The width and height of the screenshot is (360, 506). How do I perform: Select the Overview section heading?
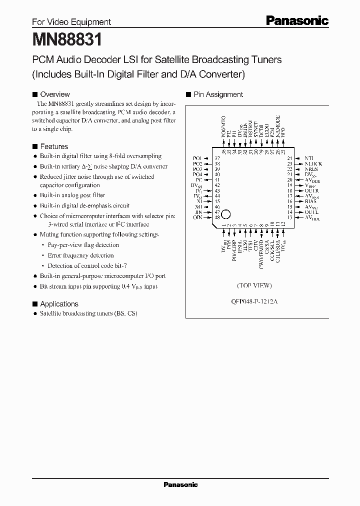pyautogui.click(x=54, y=94)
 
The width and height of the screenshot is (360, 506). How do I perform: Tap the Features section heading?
pyautogui.click(x=53, y=146)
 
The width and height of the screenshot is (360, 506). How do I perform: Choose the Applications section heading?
pyautogui.click(x=59, y=304)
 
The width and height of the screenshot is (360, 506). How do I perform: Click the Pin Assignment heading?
pyautogui.click(x=218, y=94)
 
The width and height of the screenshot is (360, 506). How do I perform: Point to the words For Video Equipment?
pyautogui.click(x=71, y=22)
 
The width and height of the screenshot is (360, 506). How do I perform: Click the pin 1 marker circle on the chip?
pyautogui.click(x=225, y=213)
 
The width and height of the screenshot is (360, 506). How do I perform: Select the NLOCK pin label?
pyautogui.click(x=313, y=163)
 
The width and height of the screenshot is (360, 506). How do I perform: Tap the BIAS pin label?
pyautogui.click(x=310, y=201)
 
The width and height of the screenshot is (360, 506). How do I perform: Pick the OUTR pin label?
pyautogui.click(x=311, y=190)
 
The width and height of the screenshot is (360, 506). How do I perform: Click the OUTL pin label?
pyautogui.click(x=311, y=212)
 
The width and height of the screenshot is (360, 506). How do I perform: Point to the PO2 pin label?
pyautogui.click(x=197, y=163)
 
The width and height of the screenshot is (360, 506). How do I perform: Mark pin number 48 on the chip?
pyautogui.click(x=217, y=217)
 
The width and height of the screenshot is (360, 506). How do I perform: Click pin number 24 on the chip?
pyautogui.click(x=289, y=158)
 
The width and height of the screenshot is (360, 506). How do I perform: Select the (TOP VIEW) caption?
pyautogui.click(x=254, y=285)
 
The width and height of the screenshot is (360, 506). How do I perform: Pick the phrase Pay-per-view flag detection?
pyautogui.click(x=83, y=245)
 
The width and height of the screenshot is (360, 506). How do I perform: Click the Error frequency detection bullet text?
pyautogui.click(x=80, y=255)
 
